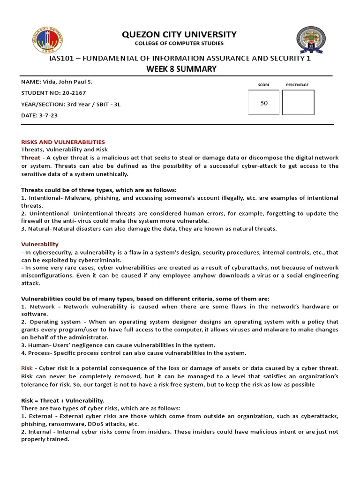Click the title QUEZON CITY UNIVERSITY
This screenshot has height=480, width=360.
click(180, 34)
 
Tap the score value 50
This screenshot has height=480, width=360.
click(264, 103)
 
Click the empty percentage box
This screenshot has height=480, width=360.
click(298, 102)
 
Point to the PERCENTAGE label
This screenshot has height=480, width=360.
click(297, 85)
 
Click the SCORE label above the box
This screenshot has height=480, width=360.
click(263, 85)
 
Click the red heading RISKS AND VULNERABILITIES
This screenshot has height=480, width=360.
click(63, 142)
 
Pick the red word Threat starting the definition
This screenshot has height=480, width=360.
click(31, 158)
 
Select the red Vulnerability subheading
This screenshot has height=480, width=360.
click(40, 244)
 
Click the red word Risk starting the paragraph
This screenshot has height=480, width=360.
click(27, 368)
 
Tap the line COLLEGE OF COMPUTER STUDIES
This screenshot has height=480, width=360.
click(180, 44)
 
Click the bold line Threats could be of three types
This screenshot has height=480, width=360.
click(99, 190)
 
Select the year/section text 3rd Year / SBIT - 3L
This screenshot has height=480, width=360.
click(94, 104)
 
